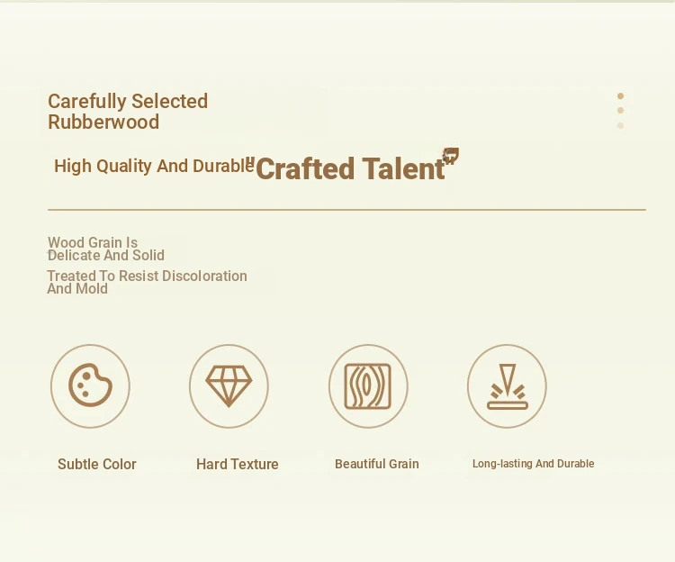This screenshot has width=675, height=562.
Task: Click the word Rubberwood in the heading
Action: [x=103, y=122]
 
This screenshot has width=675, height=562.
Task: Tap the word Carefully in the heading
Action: [x=86, y=102]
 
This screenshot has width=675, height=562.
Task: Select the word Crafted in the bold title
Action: [x=305, y=168]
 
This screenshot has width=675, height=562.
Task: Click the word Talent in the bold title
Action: [x=403, y=168]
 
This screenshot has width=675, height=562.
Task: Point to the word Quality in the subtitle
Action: [x=124, y=167]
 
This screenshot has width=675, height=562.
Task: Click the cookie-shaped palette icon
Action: [x=90, y=385]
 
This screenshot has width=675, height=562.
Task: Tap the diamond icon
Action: [x=229, y=386]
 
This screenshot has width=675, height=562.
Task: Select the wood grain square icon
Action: [x=367, y=386]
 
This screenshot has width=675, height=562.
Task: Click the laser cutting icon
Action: [x=508, y=386]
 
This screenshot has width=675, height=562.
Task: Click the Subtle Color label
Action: [x=97, y=464]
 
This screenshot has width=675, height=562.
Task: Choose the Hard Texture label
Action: [x=238, y=464]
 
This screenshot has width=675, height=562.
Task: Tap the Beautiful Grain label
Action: [x=377, y=464]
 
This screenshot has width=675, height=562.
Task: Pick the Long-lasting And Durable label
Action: [x=534, y=464]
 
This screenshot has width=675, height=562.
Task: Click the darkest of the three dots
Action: [x=620, y=96]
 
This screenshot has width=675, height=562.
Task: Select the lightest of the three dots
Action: [x=620, y=125]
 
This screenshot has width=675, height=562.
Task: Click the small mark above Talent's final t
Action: [x=451, y=155]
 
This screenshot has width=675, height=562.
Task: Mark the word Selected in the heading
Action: [x=169, y=102]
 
